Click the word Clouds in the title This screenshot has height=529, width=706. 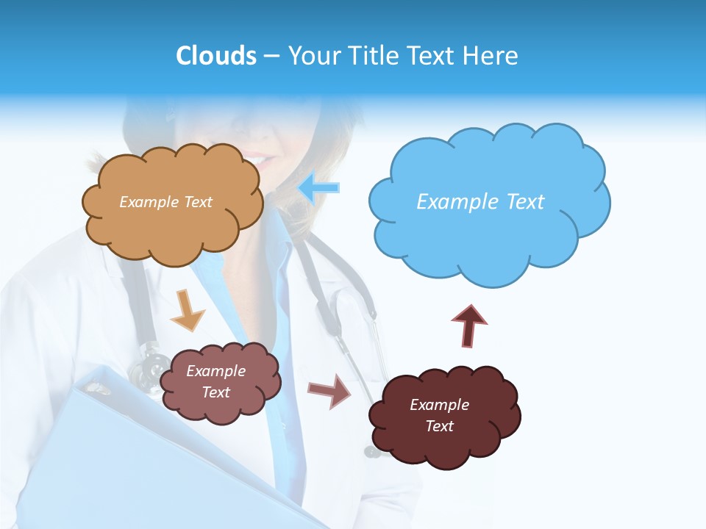pyautogui.click(x=215, y=56)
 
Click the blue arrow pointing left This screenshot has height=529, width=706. pyautogui.click(x=318, y=187)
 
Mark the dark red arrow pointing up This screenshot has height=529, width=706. pyautogui.click(x=469, y=325)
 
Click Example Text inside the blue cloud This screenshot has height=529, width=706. pyautogui.click(x=480, y=202)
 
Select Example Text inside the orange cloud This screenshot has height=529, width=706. pyautogui.click(x=165, y=202)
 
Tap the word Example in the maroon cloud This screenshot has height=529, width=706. pyautogui.click(x=439, y=405)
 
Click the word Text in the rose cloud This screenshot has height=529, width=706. pyautogui.click(x=215, y=392)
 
